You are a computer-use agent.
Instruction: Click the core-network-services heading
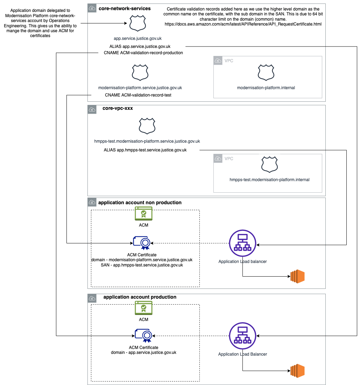click(125, 8)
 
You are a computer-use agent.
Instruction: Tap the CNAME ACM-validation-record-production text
click(143, 53)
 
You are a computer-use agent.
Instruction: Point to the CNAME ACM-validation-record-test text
click(138, 95)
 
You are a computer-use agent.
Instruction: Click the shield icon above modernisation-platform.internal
click(266, 72)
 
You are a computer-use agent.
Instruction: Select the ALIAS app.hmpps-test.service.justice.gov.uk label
click(145, 150)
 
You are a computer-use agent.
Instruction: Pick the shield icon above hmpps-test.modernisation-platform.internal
click(269, 164)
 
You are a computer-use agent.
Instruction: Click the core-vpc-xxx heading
click(118, 108)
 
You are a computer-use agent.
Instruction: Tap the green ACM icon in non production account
click(143, 213)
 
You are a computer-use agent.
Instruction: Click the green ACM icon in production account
click(143, 308)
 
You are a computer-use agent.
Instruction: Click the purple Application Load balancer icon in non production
click(242, 243)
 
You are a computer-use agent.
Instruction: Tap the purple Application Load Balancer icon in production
click(242, 336)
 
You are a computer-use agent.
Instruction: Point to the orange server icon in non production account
click(298, 276)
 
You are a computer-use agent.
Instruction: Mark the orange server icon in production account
click(298, 371)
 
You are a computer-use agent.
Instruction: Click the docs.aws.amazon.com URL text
click(243, 24)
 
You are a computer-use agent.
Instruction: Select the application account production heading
click(140, 297)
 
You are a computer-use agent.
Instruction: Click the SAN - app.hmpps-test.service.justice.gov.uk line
click(142, 265)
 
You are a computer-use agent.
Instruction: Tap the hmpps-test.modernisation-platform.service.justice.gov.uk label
click(147, 141)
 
